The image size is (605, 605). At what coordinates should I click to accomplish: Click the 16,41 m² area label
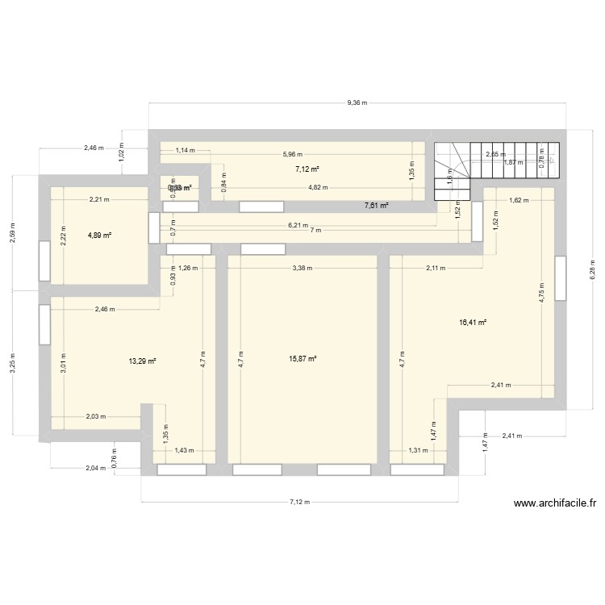[473, 322]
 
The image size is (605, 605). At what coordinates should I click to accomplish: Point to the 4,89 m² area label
[99, 236]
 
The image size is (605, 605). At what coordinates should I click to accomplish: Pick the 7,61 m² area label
[377, 206]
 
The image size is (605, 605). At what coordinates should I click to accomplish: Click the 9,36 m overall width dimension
[357, 103]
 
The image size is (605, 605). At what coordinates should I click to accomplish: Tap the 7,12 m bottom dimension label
[301, 502]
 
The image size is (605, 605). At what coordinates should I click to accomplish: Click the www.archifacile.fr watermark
[556, 503]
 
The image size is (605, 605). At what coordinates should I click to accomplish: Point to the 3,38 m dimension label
[302, 268]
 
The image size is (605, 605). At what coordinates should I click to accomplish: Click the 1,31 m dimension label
[416, 451]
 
